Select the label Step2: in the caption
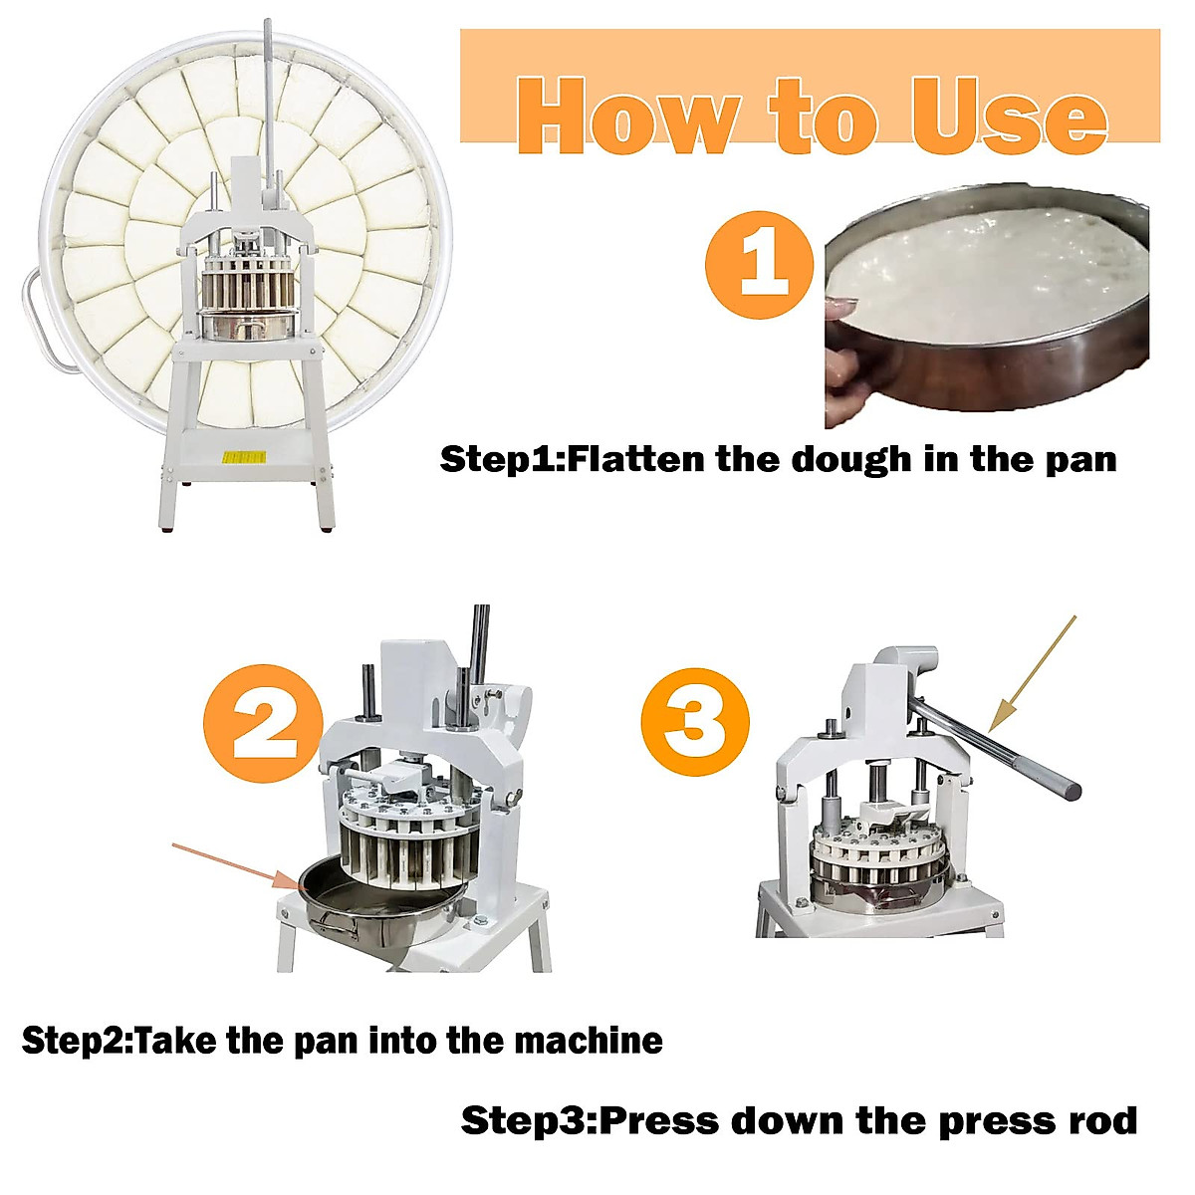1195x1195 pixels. (x=77, y=1041)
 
